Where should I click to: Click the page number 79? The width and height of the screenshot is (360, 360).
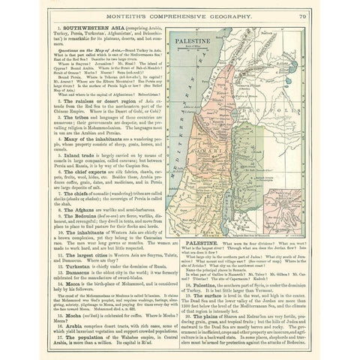(300, 13)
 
